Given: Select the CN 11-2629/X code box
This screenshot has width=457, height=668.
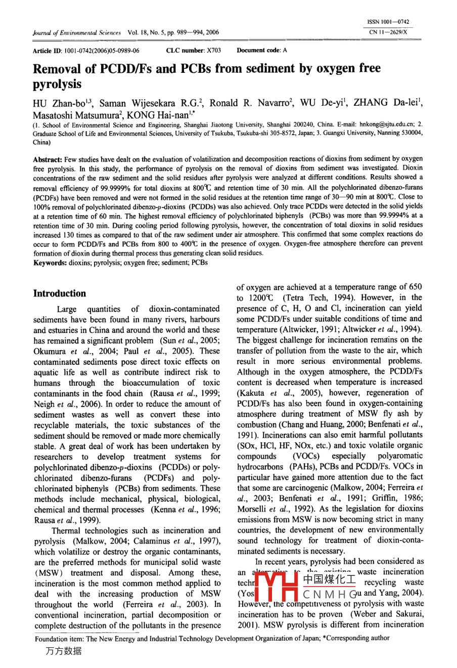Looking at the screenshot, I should coord(388,32).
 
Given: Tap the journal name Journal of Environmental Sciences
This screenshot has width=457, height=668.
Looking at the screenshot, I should coord(77,32).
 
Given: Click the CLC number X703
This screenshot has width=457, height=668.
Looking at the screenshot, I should coord(194,51).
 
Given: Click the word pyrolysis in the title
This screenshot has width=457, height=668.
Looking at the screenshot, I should coord(57,83).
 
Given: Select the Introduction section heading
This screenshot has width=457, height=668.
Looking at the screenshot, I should coord(60,294).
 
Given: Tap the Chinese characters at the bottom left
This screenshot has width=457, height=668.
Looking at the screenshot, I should coord(63,651).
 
